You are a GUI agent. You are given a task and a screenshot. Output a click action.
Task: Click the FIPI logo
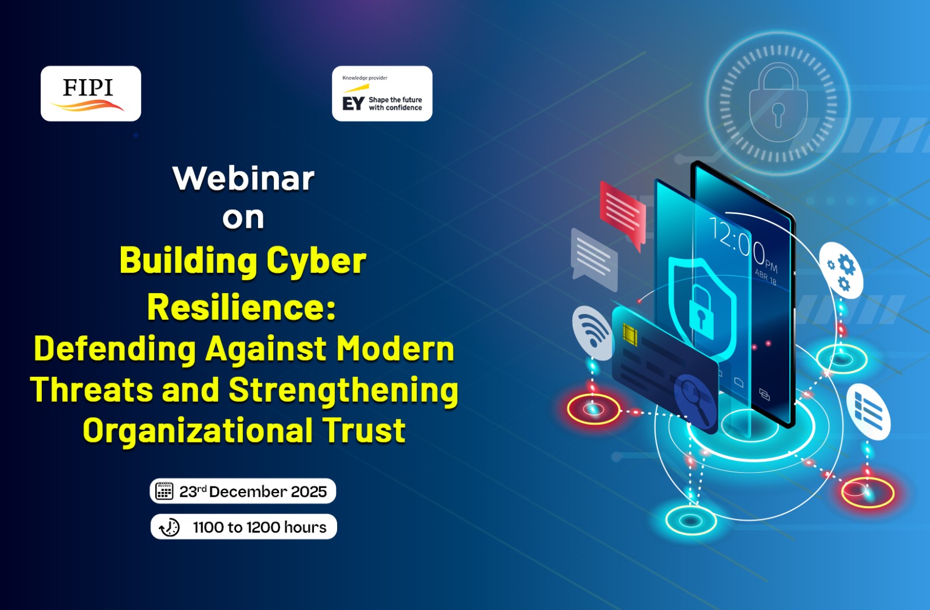pos(88,94)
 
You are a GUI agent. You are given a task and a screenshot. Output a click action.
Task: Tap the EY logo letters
pos(353,104)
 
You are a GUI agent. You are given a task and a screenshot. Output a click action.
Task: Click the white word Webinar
pos(244,179)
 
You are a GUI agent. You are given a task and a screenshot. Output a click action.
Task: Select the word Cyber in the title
pos(316,261)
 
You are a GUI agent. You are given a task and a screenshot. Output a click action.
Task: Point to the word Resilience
pos(237,307)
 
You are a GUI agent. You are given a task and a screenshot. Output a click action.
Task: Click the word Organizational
pos(197,430)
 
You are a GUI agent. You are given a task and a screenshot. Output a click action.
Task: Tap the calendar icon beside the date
pos(164,491)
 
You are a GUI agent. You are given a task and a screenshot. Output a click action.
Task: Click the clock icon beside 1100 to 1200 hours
pos(169,527)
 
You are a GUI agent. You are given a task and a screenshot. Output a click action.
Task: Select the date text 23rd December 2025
pos(253,491)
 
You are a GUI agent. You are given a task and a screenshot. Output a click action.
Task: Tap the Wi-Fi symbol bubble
pos(592,333)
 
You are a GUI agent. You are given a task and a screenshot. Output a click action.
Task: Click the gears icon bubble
pos(841,270)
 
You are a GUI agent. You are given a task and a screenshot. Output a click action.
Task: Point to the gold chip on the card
pos(630,335)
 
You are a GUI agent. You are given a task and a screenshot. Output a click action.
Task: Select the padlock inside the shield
pos(701,312)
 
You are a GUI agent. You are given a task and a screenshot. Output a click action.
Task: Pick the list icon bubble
pos(868,412)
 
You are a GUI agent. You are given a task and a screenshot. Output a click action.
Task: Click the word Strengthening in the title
pos(344,390)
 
